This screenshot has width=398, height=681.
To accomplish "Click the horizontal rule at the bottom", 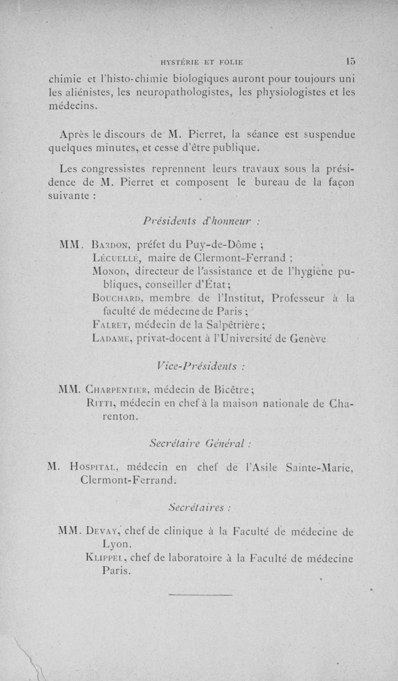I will coord(201,594).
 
